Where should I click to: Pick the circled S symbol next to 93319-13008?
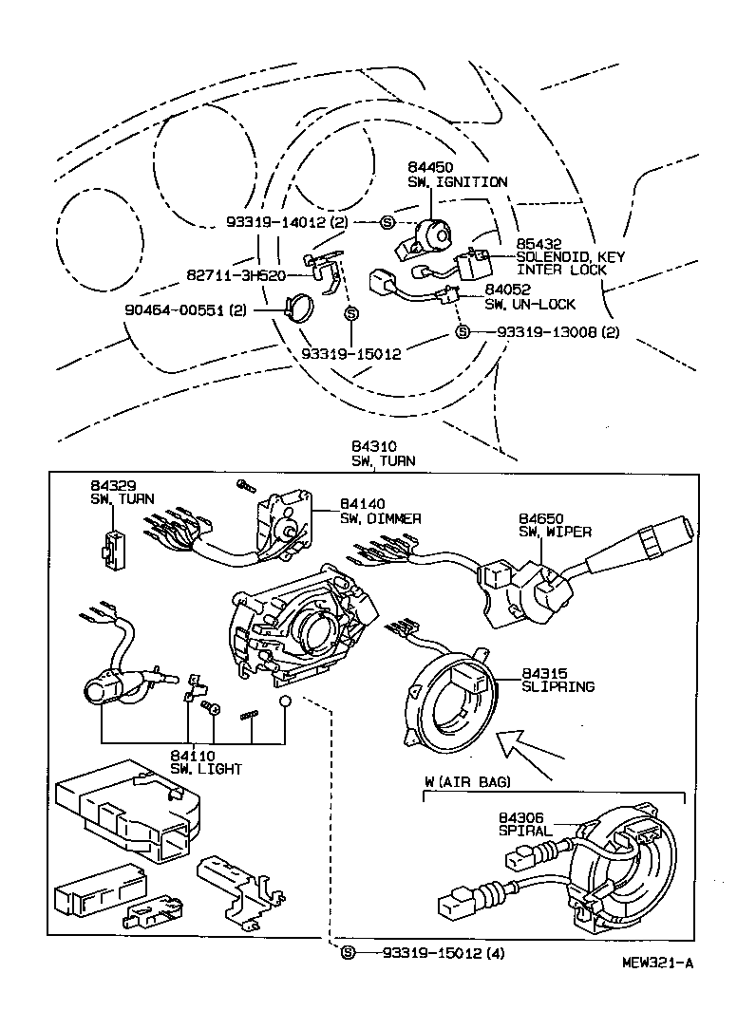click(463, 331)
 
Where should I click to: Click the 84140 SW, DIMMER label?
click(380, 512)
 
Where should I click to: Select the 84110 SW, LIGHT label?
click(206, 761)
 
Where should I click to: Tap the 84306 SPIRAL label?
click(524, 823)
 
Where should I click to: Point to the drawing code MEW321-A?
click(657, 963)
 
